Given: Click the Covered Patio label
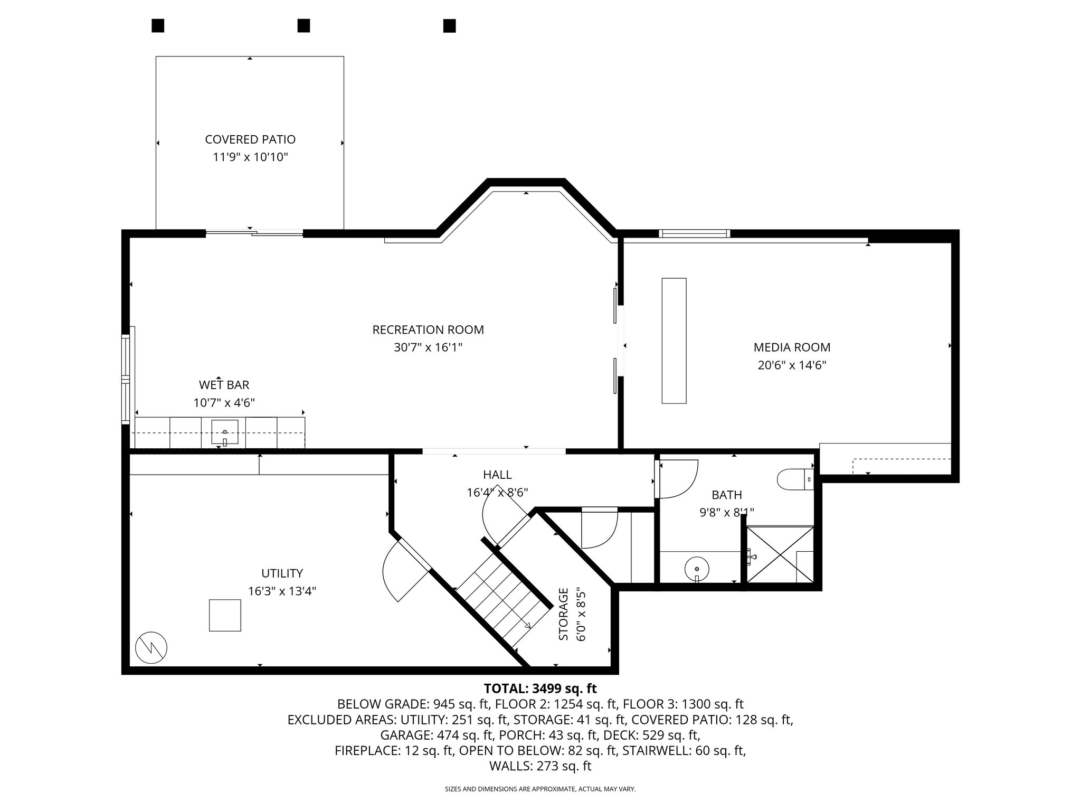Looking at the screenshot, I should coord(250,139).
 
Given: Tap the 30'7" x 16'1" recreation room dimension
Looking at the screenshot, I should coord(428,347).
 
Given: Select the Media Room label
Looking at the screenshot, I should coord(792,347).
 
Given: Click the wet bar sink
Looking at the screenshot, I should coord(225,432).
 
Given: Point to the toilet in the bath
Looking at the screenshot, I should coord(794,480).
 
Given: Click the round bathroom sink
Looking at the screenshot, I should coord(697,569).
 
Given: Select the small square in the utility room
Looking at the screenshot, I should coord(225,615).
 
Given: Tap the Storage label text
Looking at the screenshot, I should coord(564,614).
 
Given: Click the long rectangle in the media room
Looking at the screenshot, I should coord(674,341).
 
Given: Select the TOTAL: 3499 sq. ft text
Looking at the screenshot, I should coord(540,689).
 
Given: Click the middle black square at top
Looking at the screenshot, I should coord(304,25).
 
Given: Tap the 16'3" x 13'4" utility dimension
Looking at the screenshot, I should coord(282,591).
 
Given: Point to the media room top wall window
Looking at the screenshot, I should coord(694,233).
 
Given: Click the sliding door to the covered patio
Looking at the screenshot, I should coord(254,233).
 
